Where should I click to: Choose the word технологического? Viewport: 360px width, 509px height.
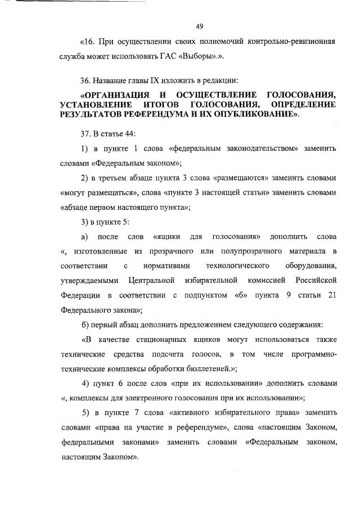tap(237, 265)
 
